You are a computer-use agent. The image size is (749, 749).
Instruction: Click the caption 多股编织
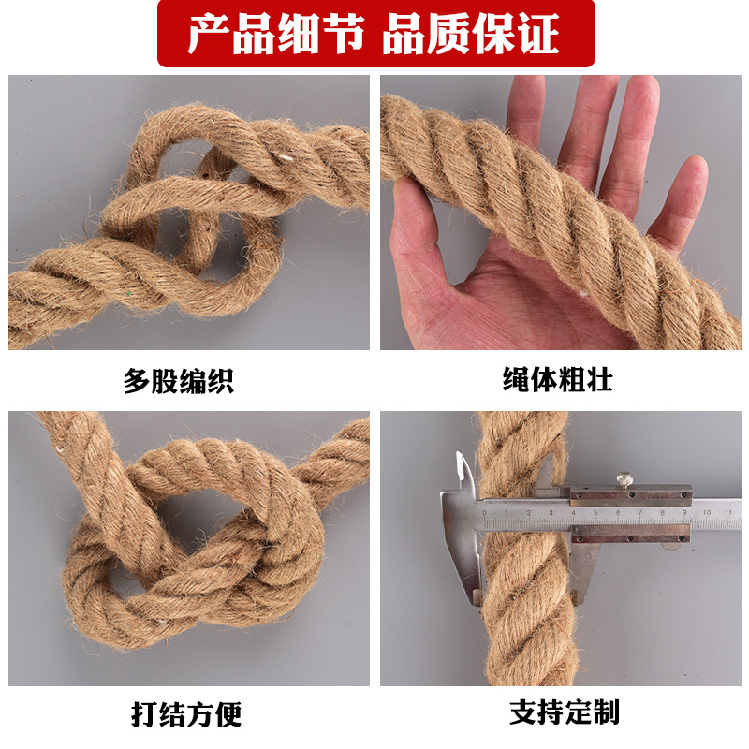click(179, 381)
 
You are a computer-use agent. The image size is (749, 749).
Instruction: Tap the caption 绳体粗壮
click(557, 380)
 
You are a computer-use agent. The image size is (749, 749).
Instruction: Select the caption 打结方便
click(186, 714)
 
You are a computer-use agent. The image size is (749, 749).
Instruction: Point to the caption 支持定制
click(565, 712)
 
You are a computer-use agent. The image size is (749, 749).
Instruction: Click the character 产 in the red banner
click(208, 34)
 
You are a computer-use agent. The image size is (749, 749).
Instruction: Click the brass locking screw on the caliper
click(624, 479)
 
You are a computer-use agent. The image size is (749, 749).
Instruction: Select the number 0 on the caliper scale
click(484, 513)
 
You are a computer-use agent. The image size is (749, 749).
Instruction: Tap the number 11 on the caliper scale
click(728, 512)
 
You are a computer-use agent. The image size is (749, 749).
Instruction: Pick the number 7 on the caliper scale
click(639, 512)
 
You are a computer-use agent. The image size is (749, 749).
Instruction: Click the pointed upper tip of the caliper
click(458, 452)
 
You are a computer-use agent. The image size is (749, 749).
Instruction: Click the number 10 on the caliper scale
click(707, 512)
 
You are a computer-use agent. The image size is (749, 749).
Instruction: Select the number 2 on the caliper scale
click(529, 513)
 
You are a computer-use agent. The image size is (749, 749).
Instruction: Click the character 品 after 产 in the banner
click(252, 34)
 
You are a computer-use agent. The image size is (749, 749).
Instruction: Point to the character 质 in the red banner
click(448, 34)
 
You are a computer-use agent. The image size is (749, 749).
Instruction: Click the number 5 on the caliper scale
click(595, 513)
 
